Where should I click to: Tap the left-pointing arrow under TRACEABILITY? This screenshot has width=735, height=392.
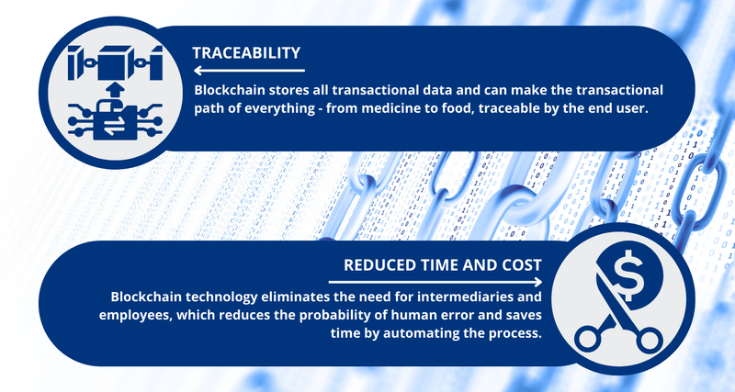pyautogui.click(x=248, y=70)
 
